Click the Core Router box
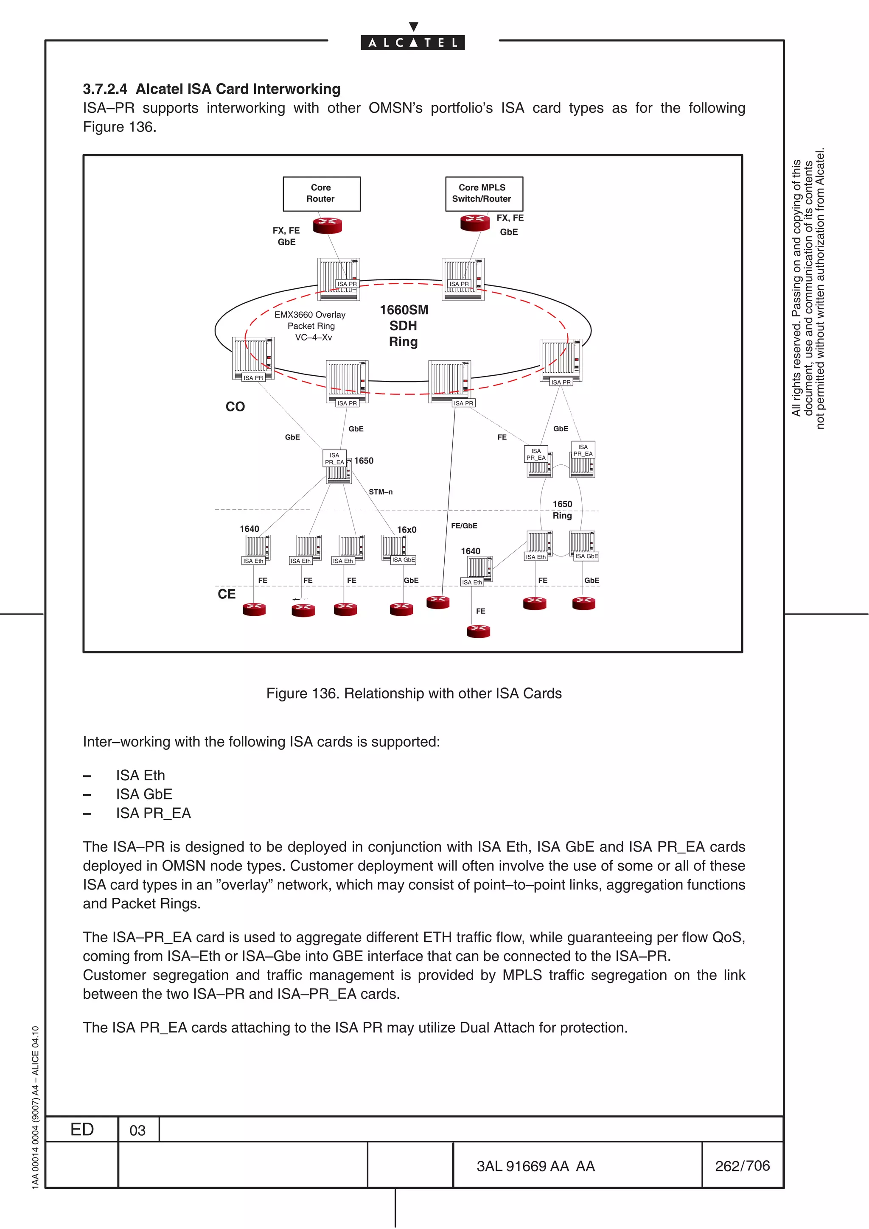[x=321, y=193]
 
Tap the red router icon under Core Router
[x=327, y=225]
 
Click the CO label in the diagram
[x=235, y=407]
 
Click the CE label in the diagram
[x=227, y=594]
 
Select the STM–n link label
[x=380, y=492]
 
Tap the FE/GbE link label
[x=464, y=525]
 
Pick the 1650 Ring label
[x=562, y=510]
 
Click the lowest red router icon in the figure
[x=478, y=631]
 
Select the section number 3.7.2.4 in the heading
[x=105, y=89]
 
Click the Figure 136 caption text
[x=413, y=693]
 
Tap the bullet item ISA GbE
[x=144, y=794]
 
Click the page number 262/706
[x=742, y=1165]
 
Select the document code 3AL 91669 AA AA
[x=535, y=1166]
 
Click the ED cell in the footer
[x=82, y=1129]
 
